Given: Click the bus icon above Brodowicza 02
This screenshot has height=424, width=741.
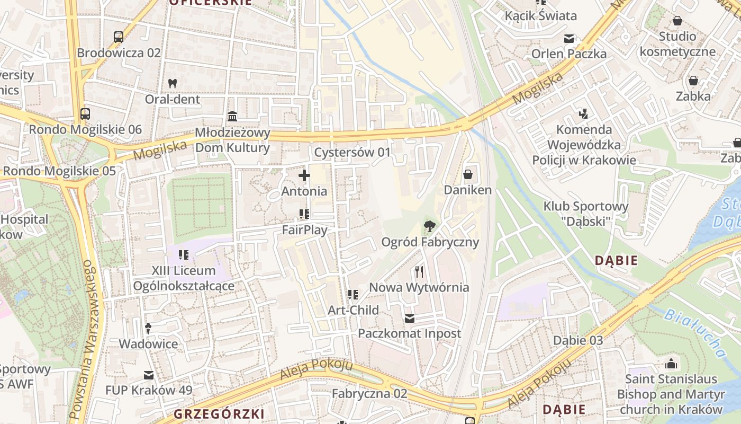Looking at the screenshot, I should pos(119,37).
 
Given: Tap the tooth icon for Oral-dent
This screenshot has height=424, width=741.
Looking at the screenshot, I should pos(172,83).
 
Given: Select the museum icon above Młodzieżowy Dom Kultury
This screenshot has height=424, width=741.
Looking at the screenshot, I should pos(232,116).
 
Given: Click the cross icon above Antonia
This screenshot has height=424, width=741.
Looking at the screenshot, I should pos(304,175).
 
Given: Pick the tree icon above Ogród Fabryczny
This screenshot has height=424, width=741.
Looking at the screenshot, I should pos(430,227).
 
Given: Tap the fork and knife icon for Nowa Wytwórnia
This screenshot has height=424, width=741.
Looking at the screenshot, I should pos(419,272).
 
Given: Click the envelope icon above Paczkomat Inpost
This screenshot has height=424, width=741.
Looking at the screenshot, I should pos(410,319).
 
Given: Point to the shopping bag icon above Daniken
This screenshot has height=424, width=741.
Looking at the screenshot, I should pos(468,174).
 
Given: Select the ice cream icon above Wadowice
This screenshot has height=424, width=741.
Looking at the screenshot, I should pos(148,329).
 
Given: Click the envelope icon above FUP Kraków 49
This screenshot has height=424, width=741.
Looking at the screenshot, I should pos(149,375).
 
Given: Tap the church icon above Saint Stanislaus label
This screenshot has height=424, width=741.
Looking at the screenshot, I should pos(671,364).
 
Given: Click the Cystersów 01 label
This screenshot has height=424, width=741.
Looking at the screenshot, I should pos(352,153).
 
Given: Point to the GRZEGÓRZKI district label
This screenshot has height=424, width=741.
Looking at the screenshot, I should pos(219,413).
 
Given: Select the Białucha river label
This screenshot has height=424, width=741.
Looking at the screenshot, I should pos(694,332).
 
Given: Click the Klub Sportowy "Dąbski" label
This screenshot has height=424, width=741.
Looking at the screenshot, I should pos(586,214).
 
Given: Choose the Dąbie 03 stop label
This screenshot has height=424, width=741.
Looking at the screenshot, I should pos(578,340).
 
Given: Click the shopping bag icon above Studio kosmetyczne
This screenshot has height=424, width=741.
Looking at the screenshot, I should pos(677,21).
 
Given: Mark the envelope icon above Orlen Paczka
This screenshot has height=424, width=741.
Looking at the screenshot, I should pos(569,39).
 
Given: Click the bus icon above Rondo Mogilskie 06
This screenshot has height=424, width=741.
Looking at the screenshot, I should pos(85,113).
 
